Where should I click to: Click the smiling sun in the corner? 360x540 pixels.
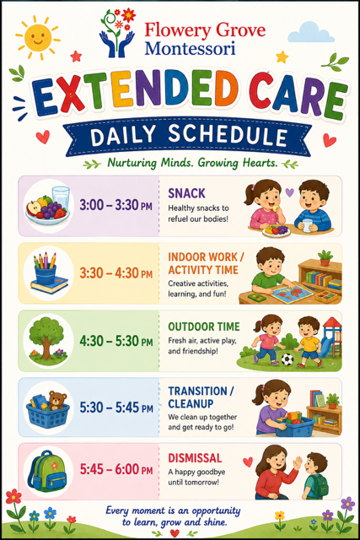click(37, 36)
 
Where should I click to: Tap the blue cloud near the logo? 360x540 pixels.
click(310, 32)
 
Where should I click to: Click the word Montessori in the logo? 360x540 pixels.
click(190, 48)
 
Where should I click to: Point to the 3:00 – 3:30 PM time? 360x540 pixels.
click(116, 205)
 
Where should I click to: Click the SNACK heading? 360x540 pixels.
click(186, 193)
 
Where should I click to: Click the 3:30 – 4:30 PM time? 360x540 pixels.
click(116, 273)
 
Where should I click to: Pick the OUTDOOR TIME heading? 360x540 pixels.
click(204, 327)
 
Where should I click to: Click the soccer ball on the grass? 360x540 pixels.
click(287, 359)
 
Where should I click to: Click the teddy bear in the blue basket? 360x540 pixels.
click(57, 400)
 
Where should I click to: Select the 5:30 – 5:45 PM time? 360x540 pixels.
click(116, 408)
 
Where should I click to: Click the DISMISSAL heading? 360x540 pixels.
click(195, 458)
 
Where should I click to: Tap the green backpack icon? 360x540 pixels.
click(47, 471)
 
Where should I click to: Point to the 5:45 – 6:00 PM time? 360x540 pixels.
click(116, 469)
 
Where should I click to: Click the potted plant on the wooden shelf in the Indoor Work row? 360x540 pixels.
click(325, 257)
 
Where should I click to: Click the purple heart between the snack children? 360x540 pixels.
click(290, 192)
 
